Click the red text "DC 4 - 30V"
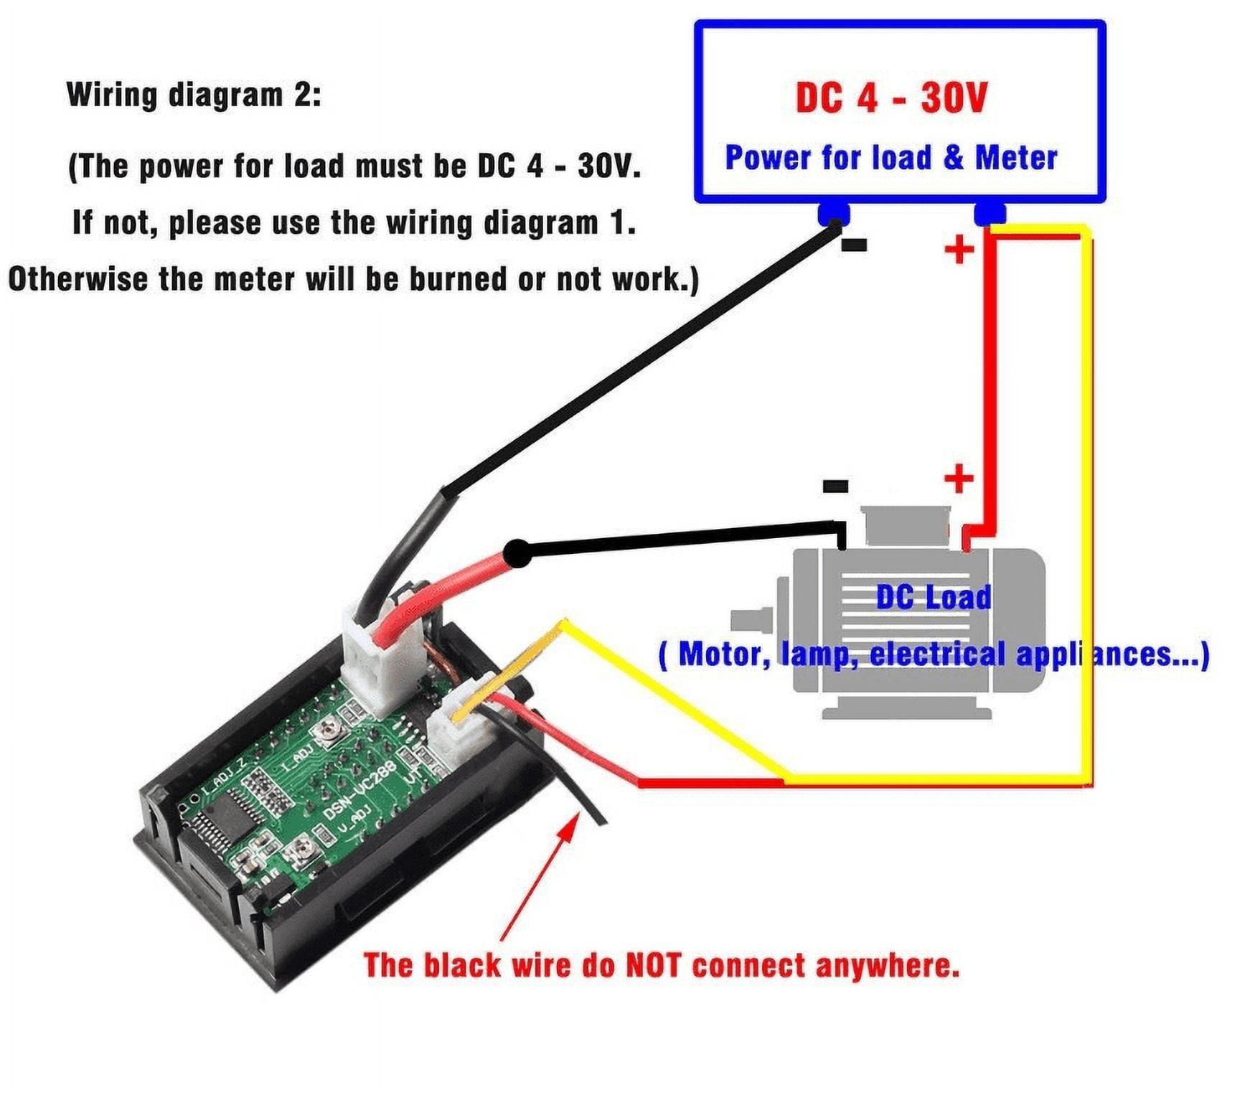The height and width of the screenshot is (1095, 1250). point(891,98)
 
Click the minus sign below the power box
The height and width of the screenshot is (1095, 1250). point(853,245)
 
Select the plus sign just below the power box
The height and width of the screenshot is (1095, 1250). point(959,250)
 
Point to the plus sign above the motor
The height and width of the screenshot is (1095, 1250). point(959,479)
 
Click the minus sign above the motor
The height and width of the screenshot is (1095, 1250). point(835,487)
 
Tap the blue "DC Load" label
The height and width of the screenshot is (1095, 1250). point(933,597)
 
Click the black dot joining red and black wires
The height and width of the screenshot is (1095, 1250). point(515,554)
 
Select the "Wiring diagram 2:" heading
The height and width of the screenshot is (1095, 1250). point(194,95)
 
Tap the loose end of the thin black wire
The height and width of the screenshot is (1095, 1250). point(601,820)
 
